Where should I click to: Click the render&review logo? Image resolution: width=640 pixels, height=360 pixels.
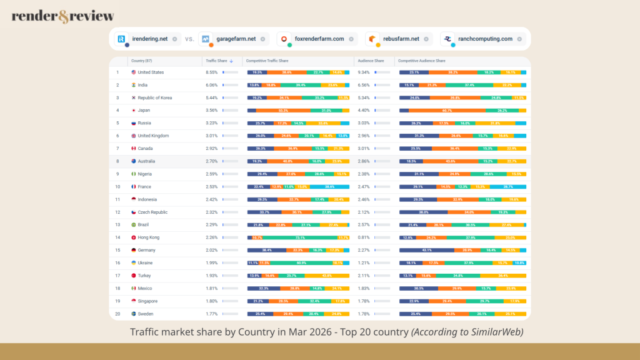(x=62, y=16)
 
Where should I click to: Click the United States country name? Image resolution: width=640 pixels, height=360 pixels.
(x=151, y=72)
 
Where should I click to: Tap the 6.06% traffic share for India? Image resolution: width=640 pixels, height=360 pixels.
(x=212, y=85)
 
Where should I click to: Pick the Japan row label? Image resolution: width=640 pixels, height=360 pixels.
(x=145, y=111)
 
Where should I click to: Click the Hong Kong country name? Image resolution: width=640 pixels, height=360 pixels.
(x=149, y=237)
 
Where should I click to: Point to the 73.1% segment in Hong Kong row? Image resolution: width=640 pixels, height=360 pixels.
(x=300, y=237)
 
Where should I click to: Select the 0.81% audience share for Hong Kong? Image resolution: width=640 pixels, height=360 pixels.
(x=362, y=237)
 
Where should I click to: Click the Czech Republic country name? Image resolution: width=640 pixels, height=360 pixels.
(x=152, y=212)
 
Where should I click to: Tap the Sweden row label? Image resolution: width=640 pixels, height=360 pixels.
(x=146, y=314)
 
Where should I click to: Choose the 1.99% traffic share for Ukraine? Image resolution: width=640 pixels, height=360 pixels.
(x=212, y=263)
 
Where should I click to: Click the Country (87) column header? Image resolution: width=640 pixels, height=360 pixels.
(x=141, y=61)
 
